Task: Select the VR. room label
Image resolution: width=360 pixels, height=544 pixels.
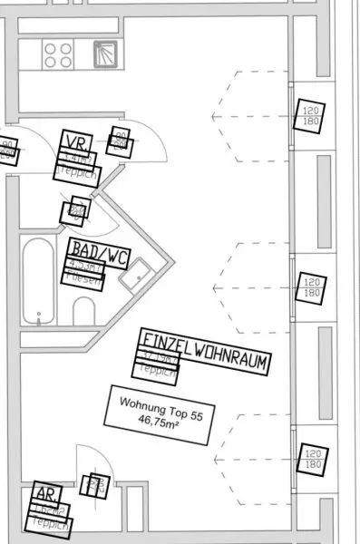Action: (75, 141)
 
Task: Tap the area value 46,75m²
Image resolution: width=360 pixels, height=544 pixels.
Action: (151, 421)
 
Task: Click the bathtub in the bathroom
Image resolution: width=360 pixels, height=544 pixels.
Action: (39, 281)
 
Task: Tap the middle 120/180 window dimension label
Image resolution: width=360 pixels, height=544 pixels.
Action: (311, 287)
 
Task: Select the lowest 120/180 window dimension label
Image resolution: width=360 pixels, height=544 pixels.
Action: (311, 459)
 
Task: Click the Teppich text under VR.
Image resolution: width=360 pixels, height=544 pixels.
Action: (76, 170)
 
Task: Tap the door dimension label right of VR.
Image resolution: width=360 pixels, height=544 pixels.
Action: (119, 141)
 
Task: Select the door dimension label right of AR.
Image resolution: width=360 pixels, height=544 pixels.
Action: (96, 485)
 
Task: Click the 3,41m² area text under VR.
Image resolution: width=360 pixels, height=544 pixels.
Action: (78, 157)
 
